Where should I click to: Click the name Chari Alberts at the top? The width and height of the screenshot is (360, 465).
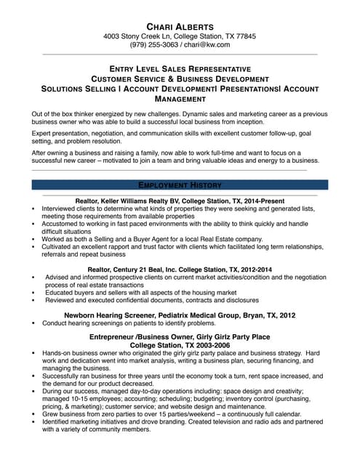pos(180,23)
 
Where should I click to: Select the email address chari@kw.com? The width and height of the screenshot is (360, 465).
pos(206,44)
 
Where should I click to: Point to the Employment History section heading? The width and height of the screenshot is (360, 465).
pos(180,185)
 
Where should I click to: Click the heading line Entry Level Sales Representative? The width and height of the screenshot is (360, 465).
pos(180,67)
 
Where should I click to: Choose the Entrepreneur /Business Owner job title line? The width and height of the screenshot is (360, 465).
pos(180,337)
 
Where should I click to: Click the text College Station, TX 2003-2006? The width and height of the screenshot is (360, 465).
pos(180,346)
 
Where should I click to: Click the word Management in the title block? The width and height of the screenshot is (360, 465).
pos(180,98)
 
